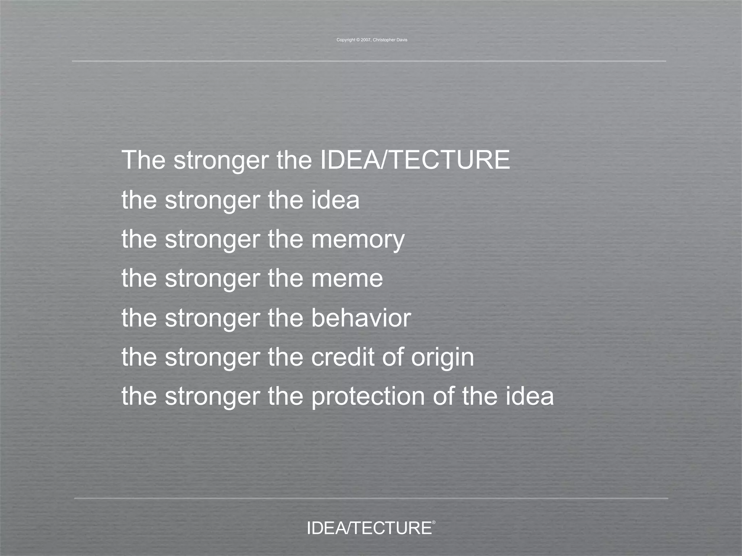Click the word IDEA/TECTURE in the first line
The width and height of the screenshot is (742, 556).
[415, 160]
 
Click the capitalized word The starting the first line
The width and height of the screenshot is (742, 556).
[144, 160]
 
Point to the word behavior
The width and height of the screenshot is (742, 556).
[361, 318]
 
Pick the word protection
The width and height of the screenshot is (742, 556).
[368, 397]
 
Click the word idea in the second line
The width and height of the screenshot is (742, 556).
[335, 200]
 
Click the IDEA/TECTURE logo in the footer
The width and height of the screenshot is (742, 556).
[369, 528]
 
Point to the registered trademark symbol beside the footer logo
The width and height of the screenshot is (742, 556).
[434, 522]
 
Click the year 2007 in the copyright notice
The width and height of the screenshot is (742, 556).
[366, 40]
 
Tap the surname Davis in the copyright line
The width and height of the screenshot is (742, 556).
[402, 40]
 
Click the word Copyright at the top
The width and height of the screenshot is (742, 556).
[346, 40]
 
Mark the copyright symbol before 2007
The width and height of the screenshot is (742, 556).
[358, 40]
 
